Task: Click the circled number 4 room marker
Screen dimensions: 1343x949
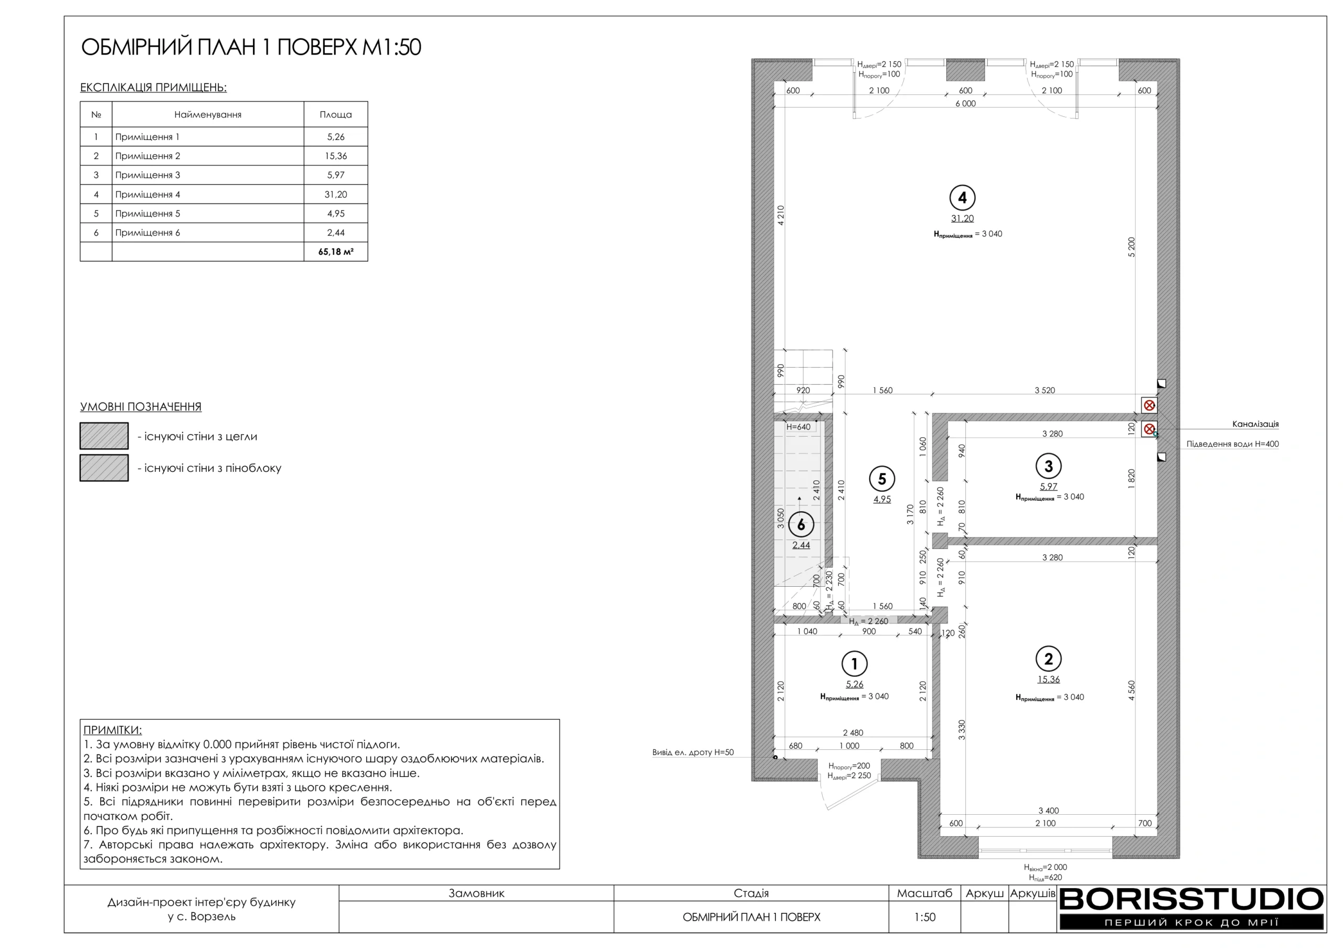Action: (962, 198)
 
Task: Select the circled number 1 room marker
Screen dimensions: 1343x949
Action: (854, 664)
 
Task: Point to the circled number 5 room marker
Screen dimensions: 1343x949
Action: (882, 479)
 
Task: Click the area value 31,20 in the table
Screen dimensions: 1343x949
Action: (336, 194)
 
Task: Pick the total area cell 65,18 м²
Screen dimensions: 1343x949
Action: (336, 252)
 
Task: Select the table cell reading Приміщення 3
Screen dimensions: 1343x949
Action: (147, 175)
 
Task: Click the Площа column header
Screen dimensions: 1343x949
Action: (336, 115)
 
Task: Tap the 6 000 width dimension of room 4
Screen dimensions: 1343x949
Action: (966, 103)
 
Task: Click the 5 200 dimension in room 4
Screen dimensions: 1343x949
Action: (1131, 247)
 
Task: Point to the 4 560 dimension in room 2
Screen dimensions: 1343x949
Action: (1131, 691)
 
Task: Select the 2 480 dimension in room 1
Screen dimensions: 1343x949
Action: (853, 732)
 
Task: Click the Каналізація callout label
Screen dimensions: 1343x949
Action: (1255, 424)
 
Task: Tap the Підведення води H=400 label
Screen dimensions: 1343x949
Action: (1232, 444)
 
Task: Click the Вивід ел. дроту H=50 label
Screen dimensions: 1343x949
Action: (692, 752)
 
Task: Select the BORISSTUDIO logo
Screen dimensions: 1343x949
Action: (1191, 908)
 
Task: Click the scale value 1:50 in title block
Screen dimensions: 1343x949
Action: (925, 917)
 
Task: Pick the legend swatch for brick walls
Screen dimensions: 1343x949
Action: (104, 436)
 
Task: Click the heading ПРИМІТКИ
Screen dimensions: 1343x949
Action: (112, 730)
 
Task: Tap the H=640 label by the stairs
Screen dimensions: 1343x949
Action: (798, 427)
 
